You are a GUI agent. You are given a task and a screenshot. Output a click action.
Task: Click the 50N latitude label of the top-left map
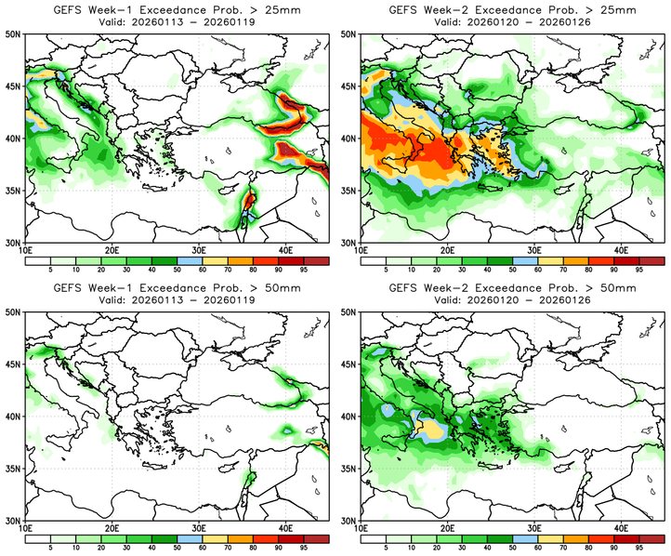[x=14, y=33]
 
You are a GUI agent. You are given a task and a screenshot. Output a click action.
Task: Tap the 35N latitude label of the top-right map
[x=349, y=191]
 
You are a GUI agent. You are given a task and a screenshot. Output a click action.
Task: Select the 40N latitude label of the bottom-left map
[x=14, y=417]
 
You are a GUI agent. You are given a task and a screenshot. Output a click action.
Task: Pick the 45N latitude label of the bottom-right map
[x=349, y=364]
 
